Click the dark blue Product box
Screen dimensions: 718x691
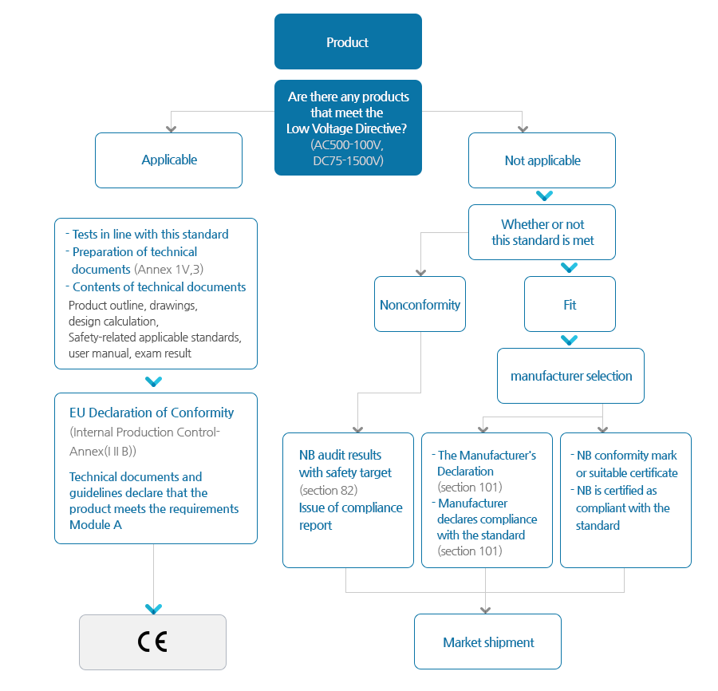coord(348,41)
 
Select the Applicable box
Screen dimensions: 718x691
coord(168,160)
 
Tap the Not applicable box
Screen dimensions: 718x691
coord(542,160)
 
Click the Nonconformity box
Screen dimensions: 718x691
coord(420,304)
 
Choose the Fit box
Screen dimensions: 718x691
coord(570,304)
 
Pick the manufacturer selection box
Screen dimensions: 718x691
coord(570,376)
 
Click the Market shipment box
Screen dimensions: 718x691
coord(487,642)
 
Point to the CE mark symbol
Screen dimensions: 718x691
coord(152,642)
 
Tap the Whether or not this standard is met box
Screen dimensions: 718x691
coord(542,232)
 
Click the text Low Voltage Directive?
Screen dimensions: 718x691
coord(347,128)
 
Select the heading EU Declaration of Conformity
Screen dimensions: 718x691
coord(152,413)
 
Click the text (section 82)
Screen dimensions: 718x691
coord(329,491)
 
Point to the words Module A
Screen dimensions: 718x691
coord(96,525)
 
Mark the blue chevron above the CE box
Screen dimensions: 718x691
coord(153,609)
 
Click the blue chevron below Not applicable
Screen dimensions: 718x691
coord(544,196)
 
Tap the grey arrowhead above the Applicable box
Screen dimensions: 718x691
coord(172,129)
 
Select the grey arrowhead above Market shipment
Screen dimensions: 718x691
coord(486,610)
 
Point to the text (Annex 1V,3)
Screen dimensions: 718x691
coord(169,269)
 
